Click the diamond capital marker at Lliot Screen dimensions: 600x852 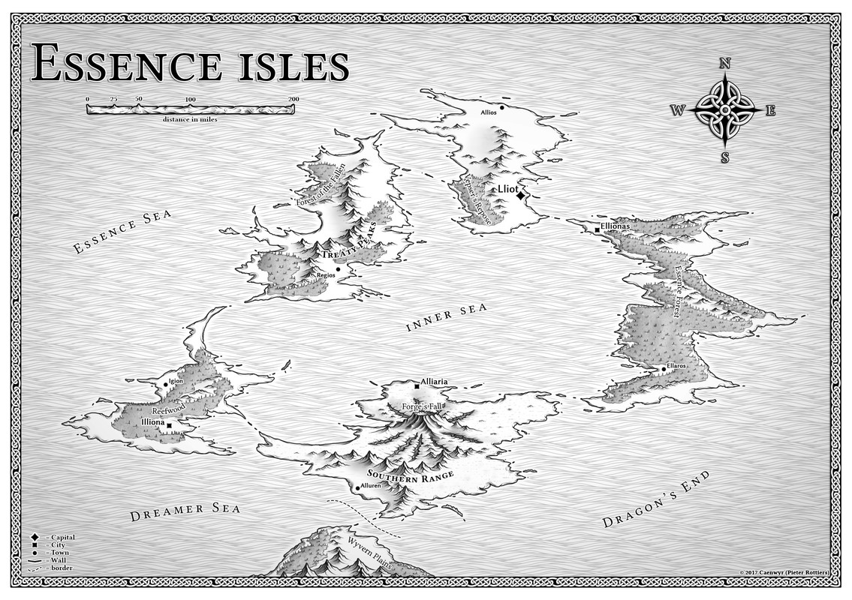520,195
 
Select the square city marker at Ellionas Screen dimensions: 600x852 598,229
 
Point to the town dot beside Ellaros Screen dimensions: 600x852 663,369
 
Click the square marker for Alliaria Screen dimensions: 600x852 417,386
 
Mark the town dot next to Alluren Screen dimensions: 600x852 357,488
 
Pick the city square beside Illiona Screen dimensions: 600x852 170,426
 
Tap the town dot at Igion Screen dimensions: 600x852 166,385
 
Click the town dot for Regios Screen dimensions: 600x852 338,269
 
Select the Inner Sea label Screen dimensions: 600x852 447,316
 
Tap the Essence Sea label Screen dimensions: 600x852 122,232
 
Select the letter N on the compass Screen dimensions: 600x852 725,64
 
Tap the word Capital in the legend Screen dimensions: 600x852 62,538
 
